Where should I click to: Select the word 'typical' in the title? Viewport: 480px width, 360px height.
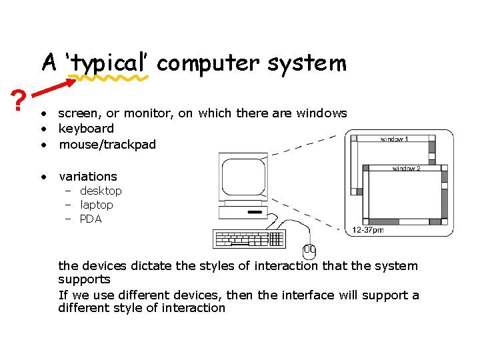[109, 64]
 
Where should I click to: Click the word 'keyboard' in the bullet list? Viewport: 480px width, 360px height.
[86, 128]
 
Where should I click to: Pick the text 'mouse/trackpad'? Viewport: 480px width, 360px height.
[107, 144]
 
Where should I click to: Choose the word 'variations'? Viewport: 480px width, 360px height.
[88, 177]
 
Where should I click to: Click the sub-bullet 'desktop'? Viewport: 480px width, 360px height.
[101, 191]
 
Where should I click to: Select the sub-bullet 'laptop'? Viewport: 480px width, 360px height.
[97, 205]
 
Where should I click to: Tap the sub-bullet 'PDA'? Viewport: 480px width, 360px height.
[91, 219]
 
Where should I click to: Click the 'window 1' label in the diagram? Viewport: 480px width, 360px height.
[395, 140]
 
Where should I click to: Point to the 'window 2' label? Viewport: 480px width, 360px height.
[407, 169]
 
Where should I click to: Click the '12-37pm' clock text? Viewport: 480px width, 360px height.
[368, 230]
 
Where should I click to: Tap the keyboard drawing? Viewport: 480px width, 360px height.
[249, 239]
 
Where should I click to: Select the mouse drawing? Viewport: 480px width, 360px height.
[309, 251]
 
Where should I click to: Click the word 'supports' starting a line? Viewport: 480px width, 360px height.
[84, 279]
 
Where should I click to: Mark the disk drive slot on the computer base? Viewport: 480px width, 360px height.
[255, 213]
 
